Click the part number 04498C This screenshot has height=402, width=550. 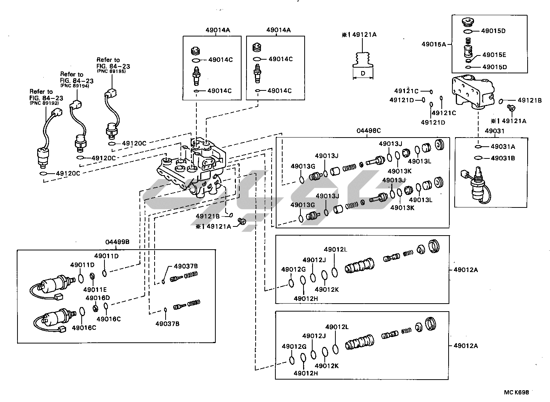[x=368, y=131]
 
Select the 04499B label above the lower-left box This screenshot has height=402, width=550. [x=117, y=242]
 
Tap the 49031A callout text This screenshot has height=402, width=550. [x=503, y=147]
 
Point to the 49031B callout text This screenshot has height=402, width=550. [x=503, y=158]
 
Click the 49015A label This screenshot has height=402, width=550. [x=433, y=44]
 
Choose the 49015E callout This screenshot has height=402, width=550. [x=494, y=55]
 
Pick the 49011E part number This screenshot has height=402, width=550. [x=95, y=290]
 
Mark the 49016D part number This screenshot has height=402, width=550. [x=98, y=298]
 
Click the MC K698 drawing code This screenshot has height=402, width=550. [x=517, y=392]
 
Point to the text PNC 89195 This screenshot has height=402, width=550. [x=111, y=71]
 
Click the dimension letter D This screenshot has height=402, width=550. [x=363, y=73]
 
